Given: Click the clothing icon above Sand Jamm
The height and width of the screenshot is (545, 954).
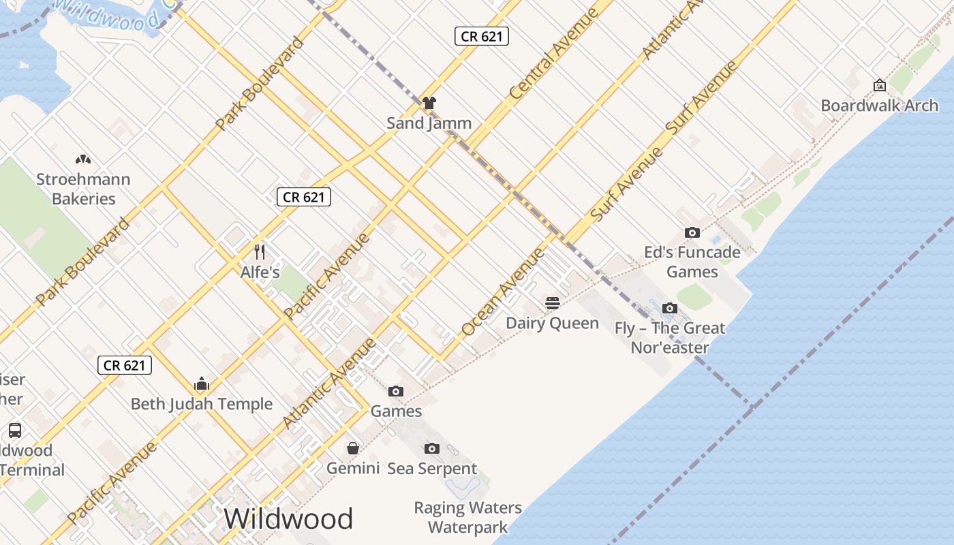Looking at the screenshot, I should [x=429, y=103].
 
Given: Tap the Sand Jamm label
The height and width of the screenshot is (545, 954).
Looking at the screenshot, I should [x=429, y=123].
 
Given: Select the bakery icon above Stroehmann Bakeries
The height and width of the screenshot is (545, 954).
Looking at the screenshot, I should [x=83, y=160].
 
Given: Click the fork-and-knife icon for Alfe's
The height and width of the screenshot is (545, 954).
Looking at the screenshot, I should [x=260, y=252].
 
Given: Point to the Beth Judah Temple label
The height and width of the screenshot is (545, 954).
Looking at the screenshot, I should [x=202, y=404].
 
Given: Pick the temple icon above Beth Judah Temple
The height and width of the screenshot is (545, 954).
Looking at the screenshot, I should [x=202, y=384].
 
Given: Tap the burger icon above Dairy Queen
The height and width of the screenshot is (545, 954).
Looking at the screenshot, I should [x=553, y=302].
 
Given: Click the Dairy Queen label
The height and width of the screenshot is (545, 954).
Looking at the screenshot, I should [x=553, y=323].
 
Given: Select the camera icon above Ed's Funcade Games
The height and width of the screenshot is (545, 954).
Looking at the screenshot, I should [x=692, y=232].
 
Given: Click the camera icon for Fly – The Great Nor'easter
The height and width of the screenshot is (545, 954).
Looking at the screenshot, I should [x=670, y=308].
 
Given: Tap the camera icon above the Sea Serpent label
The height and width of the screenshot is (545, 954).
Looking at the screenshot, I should [x=431, y=448].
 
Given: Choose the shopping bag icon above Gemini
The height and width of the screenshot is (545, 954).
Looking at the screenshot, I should [x=353, y=448].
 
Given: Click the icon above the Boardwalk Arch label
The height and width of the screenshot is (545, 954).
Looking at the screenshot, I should [x=879, y=85].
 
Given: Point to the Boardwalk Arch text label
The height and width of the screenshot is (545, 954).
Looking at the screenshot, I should [x=879, y=106].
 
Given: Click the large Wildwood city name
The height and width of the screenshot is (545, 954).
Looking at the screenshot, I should [x=288, y=519].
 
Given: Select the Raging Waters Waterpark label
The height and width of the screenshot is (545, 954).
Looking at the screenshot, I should [x=468, y=518].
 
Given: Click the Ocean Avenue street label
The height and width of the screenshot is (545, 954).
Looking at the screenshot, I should [x=503, y=292].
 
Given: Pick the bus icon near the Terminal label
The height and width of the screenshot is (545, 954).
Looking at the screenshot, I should [x=15, y=431].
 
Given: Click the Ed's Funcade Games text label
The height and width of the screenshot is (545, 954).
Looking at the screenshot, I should [x=692, y=262].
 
